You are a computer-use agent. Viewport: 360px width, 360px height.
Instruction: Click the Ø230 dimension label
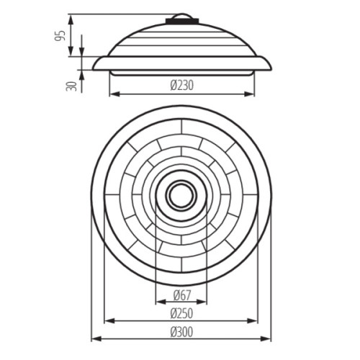point(181,86)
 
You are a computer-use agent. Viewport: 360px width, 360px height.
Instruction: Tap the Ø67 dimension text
point(182,295)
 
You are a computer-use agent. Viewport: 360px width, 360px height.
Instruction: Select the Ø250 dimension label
point(181,313)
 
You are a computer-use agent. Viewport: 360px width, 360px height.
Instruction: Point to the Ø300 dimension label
point(181,332)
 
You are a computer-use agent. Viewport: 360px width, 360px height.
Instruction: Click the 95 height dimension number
point(60,36)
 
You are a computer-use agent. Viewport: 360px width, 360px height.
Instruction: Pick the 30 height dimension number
point(71,86)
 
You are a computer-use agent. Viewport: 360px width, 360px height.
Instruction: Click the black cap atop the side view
point(182,21)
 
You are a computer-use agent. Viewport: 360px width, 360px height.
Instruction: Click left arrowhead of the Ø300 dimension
point(96,338)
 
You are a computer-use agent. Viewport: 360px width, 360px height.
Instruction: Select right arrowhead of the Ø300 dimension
point(266,338)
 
